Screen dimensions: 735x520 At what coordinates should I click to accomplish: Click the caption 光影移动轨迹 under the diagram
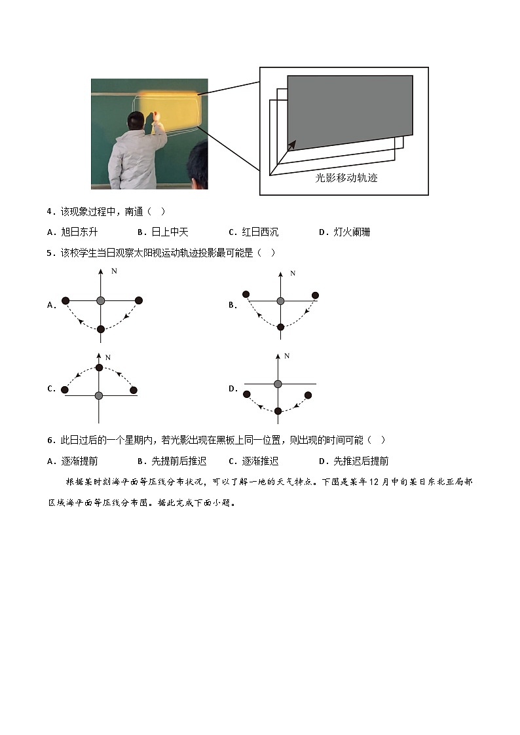tap(346, 177)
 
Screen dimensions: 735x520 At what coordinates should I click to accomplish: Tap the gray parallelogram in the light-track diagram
tap(350, 111)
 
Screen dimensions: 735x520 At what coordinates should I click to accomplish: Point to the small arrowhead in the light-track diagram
tap(292, 144)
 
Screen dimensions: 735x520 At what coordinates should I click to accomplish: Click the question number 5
tap(49, 253)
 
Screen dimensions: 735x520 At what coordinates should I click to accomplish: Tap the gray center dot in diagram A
tap(100, 300)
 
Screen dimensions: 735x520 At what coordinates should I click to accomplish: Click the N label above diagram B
tap(293, 273)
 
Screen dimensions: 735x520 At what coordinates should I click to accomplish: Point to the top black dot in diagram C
tap(99, 367)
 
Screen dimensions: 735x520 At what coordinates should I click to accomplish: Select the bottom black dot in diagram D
tap(278, 411)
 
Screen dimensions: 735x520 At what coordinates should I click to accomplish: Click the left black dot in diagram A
tap(65, 301)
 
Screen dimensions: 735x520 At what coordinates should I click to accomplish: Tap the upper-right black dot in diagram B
tap(315, 295)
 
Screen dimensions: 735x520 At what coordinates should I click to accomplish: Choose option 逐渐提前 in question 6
tap(79, 461)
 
